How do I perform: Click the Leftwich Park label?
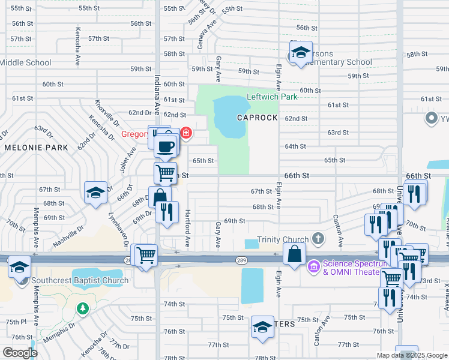pos(272,97)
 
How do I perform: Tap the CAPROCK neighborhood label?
pos(257,118)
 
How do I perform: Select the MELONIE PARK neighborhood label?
pos(29,147)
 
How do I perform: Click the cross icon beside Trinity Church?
pos(318,239)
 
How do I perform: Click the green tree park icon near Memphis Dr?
pos(83,308)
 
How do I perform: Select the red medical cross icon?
pos(186,132)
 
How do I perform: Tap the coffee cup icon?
pos(165,146)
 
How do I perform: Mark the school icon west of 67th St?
pos(95,193)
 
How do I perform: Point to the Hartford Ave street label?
pos(187,229)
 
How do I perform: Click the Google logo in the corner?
pos(20,353)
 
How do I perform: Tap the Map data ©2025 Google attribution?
pos(412,355)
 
